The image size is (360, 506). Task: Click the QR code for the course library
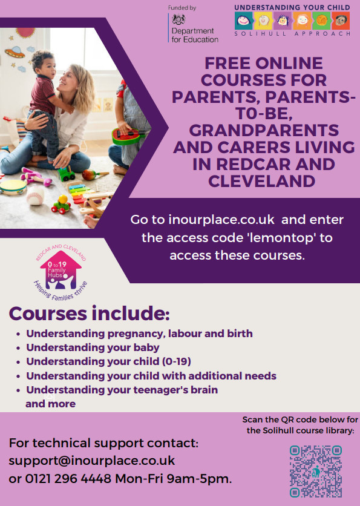316,471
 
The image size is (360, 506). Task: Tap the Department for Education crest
178,20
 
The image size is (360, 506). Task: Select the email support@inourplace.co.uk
92,461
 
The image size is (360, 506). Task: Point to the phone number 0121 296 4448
68,479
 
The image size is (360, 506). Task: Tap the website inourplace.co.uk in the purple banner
221,220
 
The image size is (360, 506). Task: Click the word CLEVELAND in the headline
261,181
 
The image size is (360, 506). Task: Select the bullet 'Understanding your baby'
93,347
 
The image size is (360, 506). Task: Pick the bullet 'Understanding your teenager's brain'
122,390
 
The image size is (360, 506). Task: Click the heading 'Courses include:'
89,314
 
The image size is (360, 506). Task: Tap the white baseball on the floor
35,196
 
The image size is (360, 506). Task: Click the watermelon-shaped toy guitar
128,136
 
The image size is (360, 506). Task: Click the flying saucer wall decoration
15,52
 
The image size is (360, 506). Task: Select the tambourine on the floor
13,187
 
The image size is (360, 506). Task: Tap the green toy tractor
66,174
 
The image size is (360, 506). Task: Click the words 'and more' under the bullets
51,404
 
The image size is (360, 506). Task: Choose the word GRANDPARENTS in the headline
264,131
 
